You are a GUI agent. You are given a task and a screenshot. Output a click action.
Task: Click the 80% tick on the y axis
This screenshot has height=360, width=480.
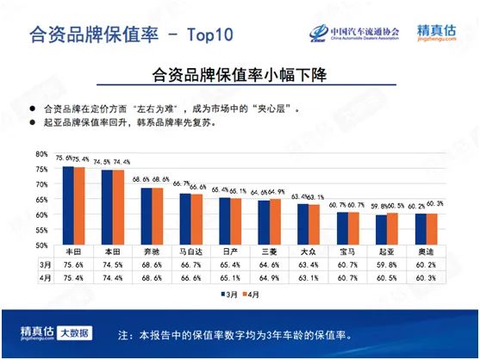coord(41,153)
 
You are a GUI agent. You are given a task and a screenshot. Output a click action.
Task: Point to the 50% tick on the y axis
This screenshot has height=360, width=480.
coord(41,245)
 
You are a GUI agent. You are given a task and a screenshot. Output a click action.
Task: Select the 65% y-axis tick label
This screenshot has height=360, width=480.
coord(41,199)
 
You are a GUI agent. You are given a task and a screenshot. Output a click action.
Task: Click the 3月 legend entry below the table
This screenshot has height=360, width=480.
coord(228,293)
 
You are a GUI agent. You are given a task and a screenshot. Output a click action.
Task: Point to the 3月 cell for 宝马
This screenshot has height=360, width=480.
coord(347,264)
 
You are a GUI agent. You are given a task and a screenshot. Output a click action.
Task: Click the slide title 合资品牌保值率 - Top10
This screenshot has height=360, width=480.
coord(130,35)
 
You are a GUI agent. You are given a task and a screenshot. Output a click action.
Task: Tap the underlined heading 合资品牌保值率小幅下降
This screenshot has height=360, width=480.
coord(240,75)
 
